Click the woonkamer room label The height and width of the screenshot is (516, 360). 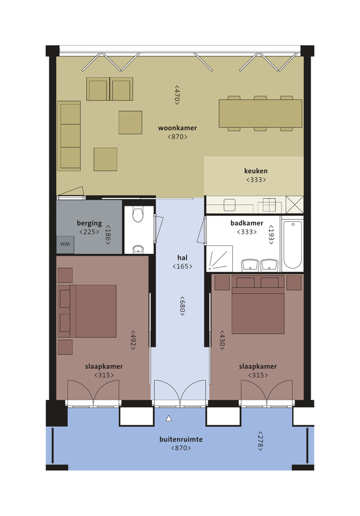coord(178,128)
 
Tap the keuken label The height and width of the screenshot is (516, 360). coord(256,171)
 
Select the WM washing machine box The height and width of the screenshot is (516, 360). coord(65,245)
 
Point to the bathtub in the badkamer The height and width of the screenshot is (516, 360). coord(293,245)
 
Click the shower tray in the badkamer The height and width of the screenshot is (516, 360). coord(220,259)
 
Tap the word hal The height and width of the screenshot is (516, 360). coord(182,257)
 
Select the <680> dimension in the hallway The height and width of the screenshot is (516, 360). coord(182,306)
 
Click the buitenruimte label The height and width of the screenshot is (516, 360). coord(181,439)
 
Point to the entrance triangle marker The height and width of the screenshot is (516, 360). coord(169,418)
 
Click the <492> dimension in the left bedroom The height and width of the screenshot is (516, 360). coord(133,340)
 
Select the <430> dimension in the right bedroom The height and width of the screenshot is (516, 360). coord(222,340)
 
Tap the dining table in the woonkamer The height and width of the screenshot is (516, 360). coord(260,113)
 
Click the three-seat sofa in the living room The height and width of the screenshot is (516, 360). coord(69,136)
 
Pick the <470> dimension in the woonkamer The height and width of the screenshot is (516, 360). coord(177,95)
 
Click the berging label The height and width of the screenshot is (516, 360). coord(89,223)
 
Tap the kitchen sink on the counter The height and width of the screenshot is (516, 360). coord(229,205)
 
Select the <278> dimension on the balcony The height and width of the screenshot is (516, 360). coord(260,441)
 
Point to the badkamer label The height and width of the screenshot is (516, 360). coord(247,223)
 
